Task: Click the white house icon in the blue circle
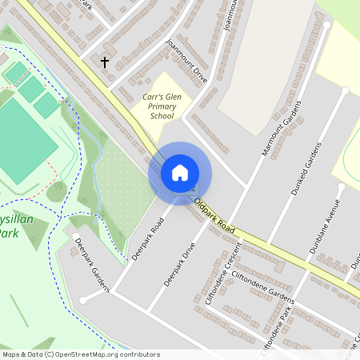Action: point(180,173)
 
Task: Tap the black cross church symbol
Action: point(104,62)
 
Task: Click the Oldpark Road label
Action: point(215,218)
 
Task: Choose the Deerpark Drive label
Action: point(179,266)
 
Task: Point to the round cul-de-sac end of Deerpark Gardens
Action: point(83,300)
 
